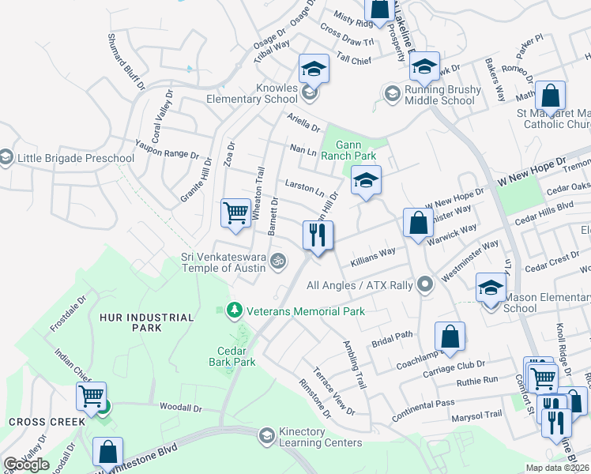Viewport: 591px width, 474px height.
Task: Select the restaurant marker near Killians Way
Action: point(318,235)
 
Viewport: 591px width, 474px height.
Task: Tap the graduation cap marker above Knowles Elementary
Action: point(314,70)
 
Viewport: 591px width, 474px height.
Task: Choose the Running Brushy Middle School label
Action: point(442,95)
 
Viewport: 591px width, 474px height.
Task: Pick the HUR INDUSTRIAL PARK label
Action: point(147,322)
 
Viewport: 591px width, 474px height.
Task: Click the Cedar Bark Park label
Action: point(237,356)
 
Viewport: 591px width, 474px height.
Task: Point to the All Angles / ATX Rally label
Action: point(359,284)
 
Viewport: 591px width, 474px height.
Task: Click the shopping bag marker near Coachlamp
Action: point(450,337)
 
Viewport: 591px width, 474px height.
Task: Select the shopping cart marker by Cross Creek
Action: point(92,395)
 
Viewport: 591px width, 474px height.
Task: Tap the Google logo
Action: point(26,465)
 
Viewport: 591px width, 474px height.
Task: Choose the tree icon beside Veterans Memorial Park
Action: point(233,309)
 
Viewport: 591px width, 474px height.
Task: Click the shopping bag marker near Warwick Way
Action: point(418,224)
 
